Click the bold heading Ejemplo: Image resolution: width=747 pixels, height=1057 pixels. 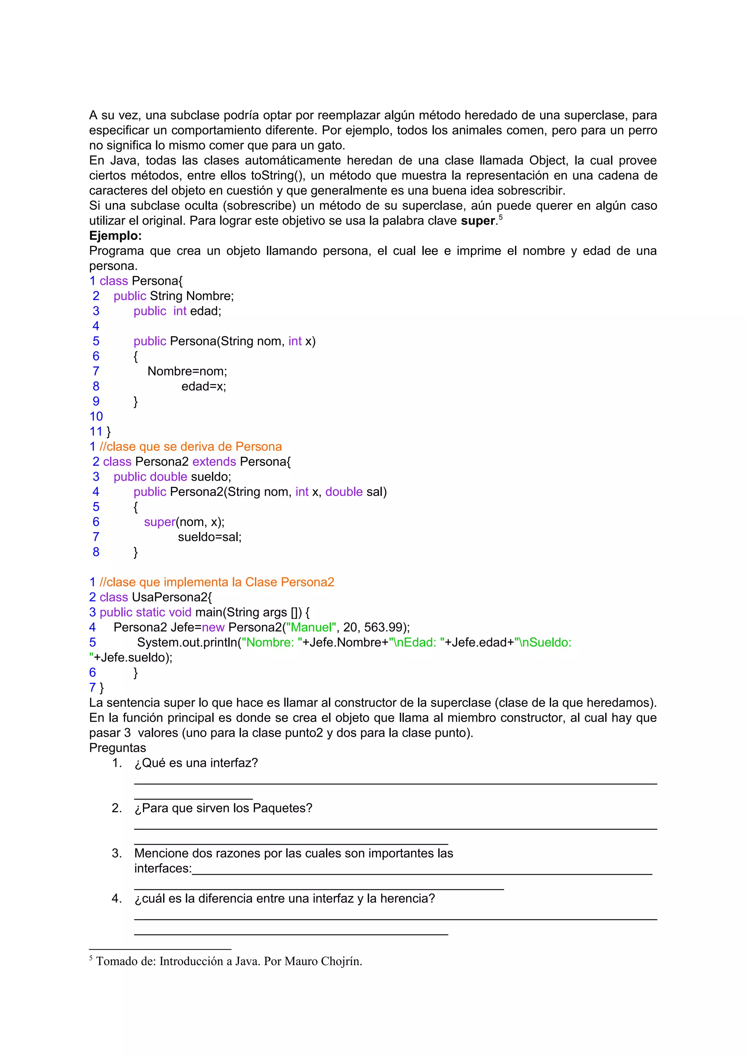(115, 236)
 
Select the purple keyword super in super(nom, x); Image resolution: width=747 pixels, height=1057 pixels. (159, 522)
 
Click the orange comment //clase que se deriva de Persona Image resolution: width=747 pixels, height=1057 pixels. (190, 446)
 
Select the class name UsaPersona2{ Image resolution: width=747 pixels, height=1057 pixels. (172, 597)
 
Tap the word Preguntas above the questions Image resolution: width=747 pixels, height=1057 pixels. (117, 748)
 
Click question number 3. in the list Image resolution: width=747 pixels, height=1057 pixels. (116, 853)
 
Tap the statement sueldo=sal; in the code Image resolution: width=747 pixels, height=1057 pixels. (209, 537)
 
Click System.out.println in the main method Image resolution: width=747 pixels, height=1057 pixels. (187, 643)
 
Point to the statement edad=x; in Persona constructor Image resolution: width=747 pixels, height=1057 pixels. (204, 387)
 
